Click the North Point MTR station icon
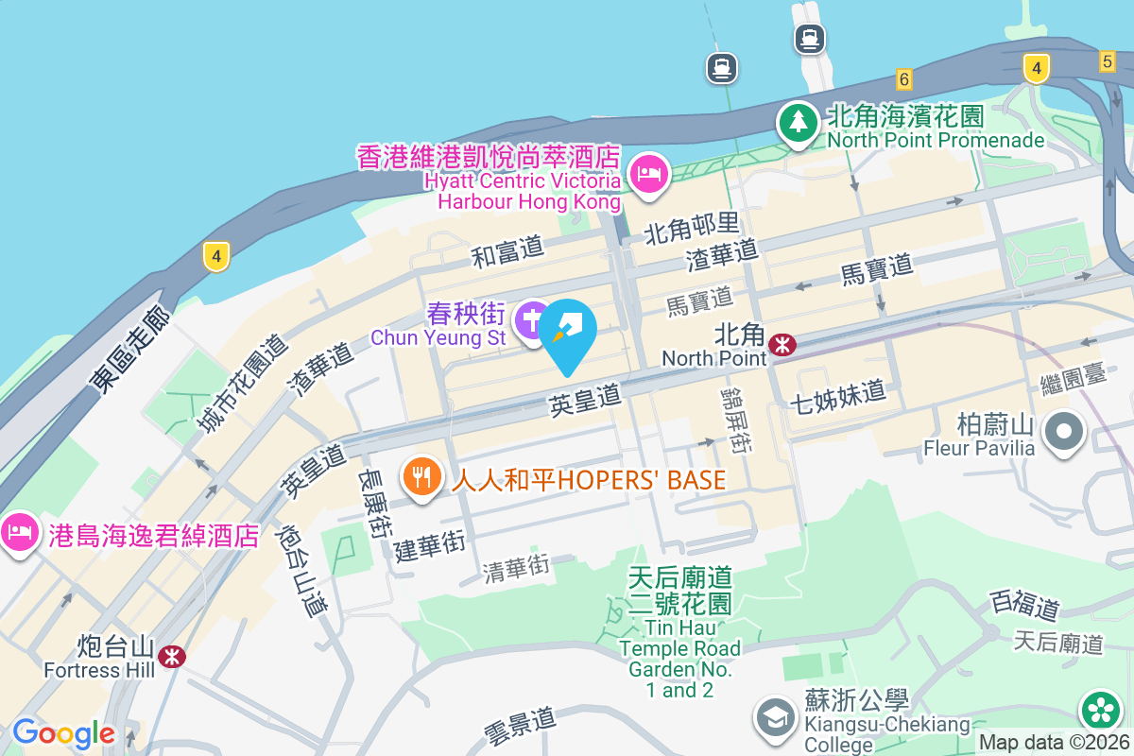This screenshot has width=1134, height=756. tap(782, 345)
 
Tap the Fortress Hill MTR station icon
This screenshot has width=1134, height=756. tap(172, 656)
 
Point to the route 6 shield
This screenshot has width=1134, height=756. tap(904, 79)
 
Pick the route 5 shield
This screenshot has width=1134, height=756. tap(1108, 60)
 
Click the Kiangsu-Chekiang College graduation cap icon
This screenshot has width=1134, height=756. tap(776, 717)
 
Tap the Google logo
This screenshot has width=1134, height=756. tap(63, 732)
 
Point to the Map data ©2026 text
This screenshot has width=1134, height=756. tap(1054, 743)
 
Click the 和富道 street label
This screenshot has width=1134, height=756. tap(508, 250)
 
